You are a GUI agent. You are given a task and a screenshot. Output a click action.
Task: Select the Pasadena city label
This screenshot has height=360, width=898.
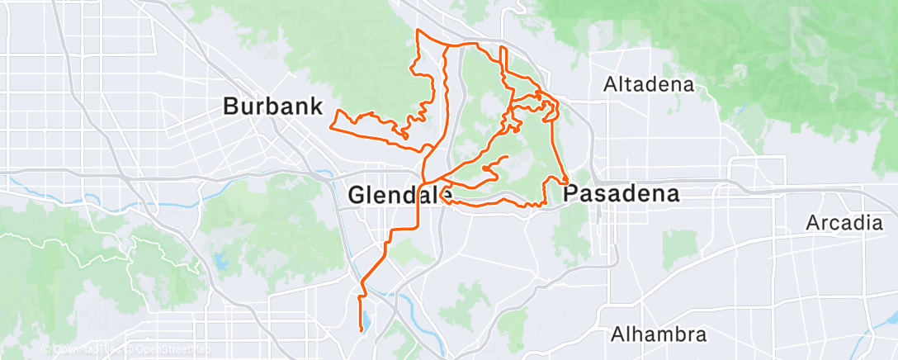coord(622,195)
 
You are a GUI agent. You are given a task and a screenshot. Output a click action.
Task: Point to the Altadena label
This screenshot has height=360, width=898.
coord(649,84)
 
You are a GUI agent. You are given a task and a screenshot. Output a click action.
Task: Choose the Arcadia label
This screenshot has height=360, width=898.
coord(845,223)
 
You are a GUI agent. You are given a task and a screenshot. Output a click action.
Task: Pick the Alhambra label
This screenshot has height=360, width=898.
coord(659,334)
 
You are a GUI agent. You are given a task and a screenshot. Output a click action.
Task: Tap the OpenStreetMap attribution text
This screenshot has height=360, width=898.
coord(169,350)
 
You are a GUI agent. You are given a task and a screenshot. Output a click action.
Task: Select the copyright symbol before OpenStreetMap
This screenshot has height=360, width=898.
coord(130,350)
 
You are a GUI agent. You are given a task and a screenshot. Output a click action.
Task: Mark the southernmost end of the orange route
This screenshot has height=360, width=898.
coord(362,330)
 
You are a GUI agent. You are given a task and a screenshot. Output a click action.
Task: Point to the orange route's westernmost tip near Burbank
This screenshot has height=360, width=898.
coord(330,127)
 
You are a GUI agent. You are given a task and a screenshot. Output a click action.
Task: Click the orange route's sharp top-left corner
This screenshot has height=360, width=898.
coord(418,31)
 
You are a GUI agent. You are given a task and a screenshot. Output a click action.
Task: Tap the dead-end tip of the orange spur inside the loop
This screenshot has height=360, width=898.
coord(506,156)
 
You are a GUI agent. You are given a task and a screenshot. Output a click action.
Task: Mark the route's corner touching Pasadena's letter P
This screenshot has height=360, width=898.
coord(567,182)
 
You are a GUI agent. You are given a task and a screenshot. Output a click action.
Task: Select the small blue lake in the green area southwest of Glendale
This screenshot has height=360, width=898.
coord(221,263)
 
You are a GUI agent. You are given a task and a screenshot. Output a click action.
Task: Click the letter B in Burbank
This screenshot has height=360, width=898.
coord(231,106)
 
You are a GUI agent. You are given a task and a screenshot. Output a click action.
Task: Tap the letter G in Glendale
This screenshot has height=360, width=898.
coord(356,196)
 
